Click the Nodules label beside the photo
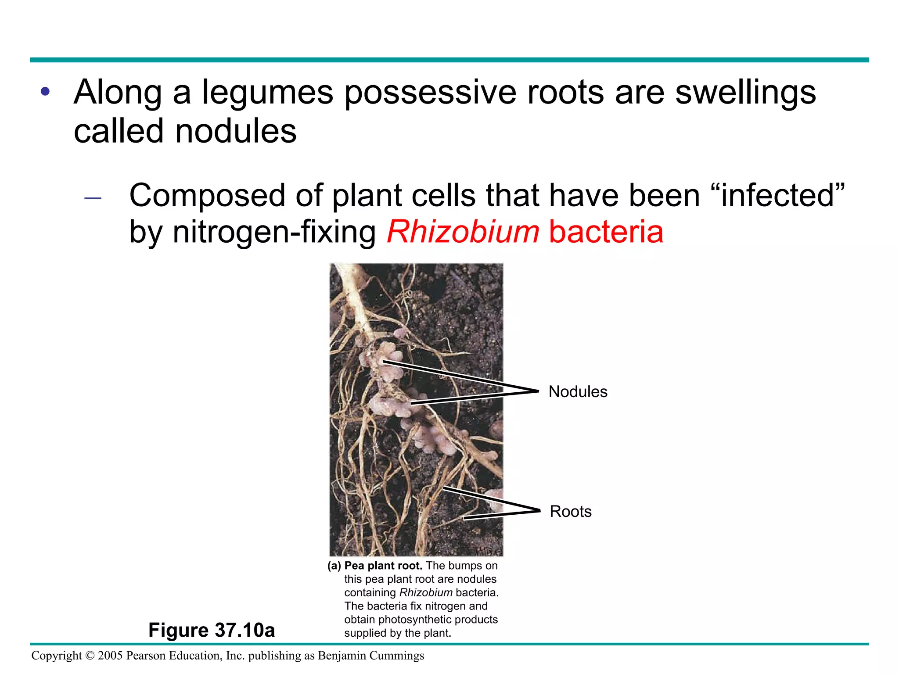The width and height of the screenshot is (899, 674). click(x=578, y=391)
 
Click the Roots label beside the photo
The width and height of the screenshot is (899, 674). click(x=570, y=511)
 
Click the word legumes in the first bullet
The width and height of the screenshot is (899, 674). click(x=267, y=93)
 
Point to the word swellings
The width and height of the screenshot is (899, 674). click(x=745, y=93)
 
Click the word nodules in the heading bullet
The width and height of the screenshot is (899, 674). click(x=236, y=131)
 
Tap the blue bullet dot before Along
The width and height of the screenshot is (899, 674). click(x=45, y=92)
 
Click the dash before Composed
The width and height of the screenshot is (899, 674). click(x=93, y=198)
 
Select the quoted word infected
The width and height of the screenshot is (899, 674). click(x=777, y=195)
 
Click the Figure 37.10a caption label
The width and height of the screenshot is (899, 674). click(x=212, y=630)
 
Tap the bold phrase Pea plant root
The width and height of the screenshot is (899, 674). click(x=383, y=566)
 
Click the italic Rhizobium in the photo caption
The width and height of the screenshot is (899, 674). click(x=425, y=593)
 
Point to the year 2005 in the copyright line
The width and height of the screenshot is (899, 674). click(x=110, y=656)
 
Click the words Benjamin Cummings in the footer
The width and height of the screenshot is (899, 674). click(x=371, y=656)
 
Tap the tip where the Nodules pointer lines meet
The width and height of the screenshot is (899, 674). click(x=538, y=391)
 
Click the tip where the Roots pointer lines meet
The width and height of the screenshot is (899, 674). click(x=539, y=510)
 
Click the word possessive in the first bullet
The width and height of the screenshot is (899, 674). click(x=430, y=93)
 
